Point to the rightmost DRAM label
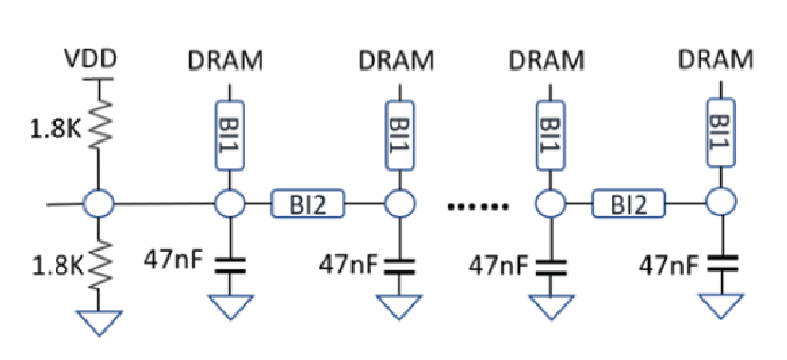pyautogui.click(x=717, y=61)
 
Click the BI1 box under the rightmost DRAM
pyautogui.click(x=721, y=135)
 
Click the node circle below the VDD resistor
pyautogui.click(x=99, y=203)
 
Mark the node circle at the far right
pyautogui.click(x=721, y=203)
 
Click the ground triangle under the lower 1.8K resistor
pyautogui.click(x=99, y=322)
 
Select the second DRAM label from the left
pyautogui.click(x=397, y=61)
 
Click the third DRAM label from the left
pyautogui.click(x=547, y=61)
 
